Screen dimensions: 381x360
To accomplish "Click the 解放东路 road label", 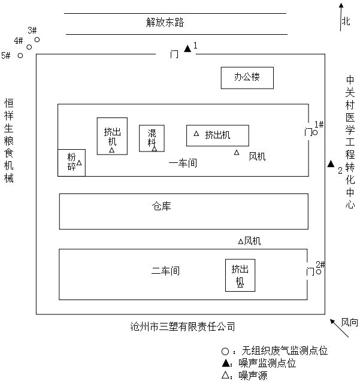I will tap(165, 23).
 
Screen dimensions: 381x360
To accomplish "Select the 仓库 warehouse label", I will tap(162, 206).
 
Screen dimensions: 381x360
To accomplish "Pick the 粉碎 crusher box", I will tap(71, 162).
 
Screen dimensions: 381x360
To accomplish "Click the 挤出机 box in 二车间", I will tap(240, 275).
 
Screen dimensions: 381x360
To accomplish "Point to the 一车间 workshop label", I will tap(183, 162).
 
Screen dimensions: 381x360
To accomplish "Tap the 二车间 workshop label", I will tap(166, 271).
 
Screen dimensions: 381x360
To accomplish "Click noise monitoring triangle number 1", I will tap(187, 49).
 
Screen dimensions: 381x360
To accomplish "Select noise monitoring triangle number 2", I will tap(330, 164).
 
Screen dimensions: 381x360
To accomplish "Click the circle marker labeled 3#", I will tap(37, 40).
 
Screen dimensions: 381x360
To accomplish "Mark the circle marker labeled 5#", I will tap(20, 56).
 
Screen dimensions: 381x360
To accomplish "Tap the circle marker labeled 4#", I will tap(29, 47).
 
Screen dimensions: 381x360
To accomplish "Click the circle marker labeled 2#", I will tap(319, 272).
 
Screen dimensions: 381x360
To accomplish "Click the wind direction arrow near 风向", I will tap(335, 324).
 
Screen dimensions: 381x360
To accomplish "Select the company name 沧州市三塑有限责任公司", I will tap(182, 326).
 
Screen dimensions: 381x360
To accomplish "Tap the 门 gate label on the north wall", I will tap(174, 54).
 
